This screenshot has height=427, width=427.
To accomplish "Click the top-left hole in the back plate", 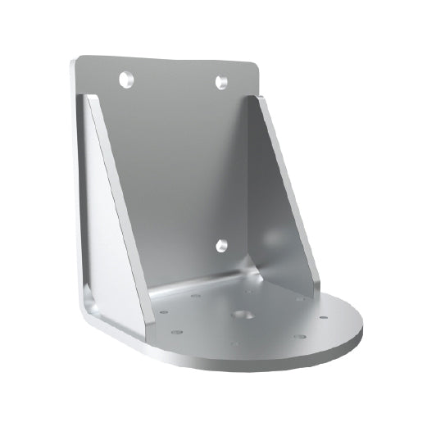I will coord(125,79).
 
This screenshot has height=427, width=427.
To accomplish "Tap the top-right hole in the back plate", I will coord(220,81).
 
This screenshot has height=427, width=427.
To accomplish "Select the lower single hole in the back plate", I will coord(220,245).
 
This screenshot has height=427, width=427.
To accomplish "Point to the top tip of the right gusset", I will coord(264,98).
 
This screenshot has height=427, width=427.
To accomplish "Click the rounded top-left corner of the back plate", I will coord(79,61).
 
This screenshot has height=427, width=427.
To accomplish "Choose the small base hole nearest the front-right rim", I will coord(299,337).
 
